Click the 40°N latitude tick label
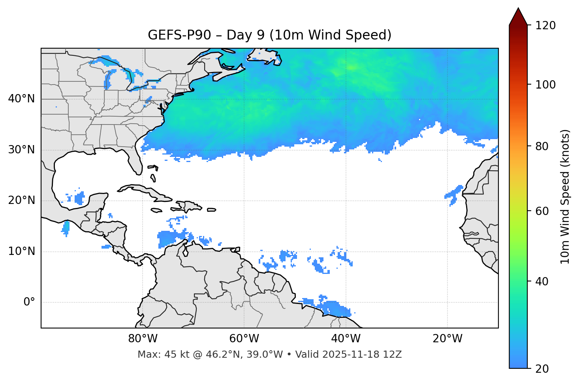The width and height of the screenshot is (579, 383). pyautogui.click(x=21, y=99)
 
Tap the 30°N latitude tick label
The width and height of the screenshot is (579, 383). pyautogui.click(x=21, y=150)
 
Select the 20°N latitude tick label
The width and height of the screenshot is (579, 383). pyautogui.click(x=21, y=200)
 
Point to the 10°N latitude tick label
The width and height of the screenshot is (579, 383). pyautogui.click(x=21, y=251)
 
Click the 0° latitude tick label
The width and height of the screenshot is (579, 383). pyautogui.click(x=29, y=302)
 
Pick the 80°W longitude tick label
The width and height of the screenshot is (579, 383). pyautogui.click(x=143, y=339)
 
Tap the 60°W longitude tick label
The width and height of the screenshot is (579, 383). pyautogui.click(x=244, y=339)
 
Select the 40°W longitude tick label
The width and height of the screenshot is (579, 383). pyautogui.click(x=346, y=339)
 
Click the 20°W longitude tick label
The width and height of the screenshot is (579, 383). pyautogui.click(x=447, y=339)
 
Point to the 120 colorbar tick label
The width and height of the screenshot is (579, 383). pyautogui.click(x=545, y=26)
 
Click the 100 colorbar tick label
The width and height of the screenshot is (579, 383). pyautogui.click(x=545, y=85)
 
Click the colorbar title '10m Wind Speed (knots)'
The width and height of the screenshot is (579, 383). pyautogui.click(x=565, y=196)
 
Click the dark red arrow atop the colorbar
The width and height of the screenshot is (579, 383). pyautogui.click(x=518, y=17)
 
